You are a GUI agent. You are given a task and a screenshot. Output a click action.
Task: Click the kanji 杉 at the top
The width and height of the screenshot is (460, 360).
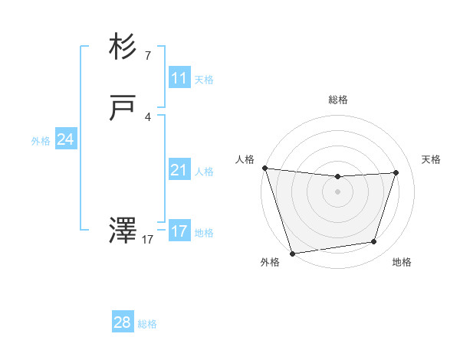(123, 48)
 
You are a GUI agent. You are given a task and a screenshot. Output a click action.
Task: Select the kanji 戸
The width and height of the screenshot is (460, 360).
(123, 109)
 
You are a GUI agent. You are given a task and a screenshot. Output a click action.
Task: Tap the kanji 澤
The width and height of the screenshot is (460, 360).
(123, 231)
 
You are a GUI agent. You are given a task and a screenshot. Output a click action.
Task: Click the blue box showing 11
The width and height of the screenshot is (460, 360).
(179, 78)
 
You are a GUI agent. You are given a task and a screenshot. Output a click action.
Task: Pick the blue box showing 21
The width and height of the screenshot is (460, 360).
(179, 171)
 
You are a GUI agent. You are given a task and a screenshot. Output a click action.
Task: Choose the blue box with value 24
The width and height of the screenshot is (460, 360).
(65, 140)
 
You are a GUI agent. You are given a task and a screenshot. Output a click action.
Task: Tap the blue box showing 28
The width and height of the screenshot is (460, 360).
(123, 322)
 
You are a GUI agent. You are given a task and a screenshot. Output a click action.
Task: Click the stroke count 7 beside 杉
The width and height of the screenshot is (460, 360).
(148, 55)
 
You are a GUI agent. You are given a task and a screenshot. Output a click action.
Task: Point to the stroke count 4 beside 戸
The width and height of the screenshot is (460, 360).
(148, 116)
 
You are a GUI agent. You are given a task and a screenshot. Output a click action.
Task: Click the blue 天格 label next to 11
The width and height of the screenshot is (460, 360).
(204, 79)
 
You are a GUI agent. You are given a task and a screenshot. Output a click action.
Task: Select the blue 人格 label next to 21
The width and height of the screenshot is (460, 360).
(204, 172)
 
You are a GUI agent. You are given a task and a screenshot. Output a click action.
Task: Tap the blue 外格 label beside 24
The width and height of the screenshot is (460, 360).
(41, 141)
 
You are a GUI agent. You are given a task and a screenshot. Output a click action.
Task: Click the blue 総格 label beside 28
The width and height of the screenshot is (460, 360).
(147, 324)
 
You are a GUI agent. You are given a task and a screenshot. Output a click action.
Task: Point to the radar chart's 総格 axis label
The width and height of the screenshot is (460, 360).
(338, 100)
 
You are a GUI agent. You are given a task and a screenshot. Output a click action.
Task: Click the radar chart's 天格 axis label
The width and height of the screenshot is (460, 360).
(432, 159)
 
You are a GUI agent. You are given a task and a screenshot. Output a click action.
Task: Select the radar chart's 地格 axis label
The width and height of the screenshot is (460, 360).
(402, 262)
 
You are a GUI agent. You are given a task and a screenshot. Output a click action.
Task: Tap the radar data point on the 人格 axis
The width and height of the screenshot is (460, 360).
(264, 168)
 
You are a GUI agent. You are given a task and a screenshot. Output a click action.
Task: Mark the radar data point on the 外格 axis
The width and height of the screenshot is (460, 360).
(292, 253)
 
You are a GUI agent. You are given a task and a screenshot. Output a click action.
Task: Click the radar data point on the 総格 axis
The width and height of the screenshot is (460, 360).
(337, 177)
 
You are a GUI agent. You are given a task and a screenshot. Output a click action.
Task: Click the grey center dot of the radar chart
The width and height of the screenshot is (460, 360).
(337, 191)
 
